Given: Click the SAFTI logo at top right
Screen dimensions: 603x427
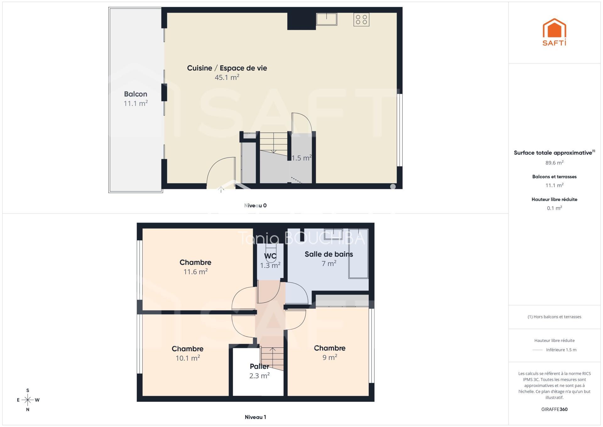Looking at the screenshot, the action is (x=554, y=32).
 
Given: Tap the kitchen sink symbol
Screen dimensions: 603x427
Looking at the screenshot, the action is (x=327, y=19).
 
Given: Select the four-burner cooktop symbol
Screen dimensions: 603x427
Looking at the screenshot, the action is (x=361, y=19).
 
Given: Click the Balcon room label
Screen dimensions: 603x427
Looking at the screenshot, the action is (x=136, y=94).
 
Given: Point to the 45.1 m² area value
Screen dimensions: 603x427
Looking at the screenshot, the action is (x=227, y=77).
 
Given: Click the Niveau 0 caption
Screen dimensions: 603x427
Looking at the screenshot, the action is (x=255, y=206).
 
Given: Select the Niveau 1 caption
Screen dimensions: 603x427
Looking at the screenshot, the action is (x=255, y=417).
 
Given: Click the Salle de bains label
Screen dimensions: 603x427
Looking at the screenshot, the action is (x=329, y=254).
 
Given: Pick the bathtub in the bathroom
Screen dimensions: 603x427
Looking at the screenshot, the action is (x=358, y=253).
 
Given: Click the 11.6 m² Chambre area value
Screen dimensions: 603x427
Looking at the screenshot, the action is (x=196, y=271).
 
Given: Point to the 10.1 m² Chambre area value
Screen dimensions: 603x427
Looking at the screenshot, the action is (x=188, y=358).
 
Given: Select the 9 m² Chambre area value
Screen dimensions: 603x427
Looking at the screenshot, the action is (x=330, y=357).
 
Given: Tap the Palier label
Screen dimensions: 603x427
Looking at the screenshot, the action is (x=259, y=366).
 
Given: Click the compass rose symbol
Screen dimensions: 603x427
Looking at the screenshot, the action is (x=28, y=400).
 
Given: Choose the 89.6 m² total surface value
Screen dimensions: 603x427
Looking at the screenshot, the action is (x=554, y=163).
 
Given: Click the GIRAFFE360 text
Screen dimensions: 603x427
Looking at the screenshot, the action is (x=554, y=409).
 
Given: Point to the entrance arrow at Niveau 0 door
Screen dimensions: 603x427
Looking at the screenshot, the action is (x=221, y=189).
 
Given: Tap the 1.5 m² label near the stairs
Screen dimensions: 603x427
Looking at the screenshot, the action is (x=301, y=158).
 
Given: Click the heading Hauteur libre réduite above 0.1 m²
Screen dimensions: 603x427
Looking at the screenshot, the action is (x=554, y=199).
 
